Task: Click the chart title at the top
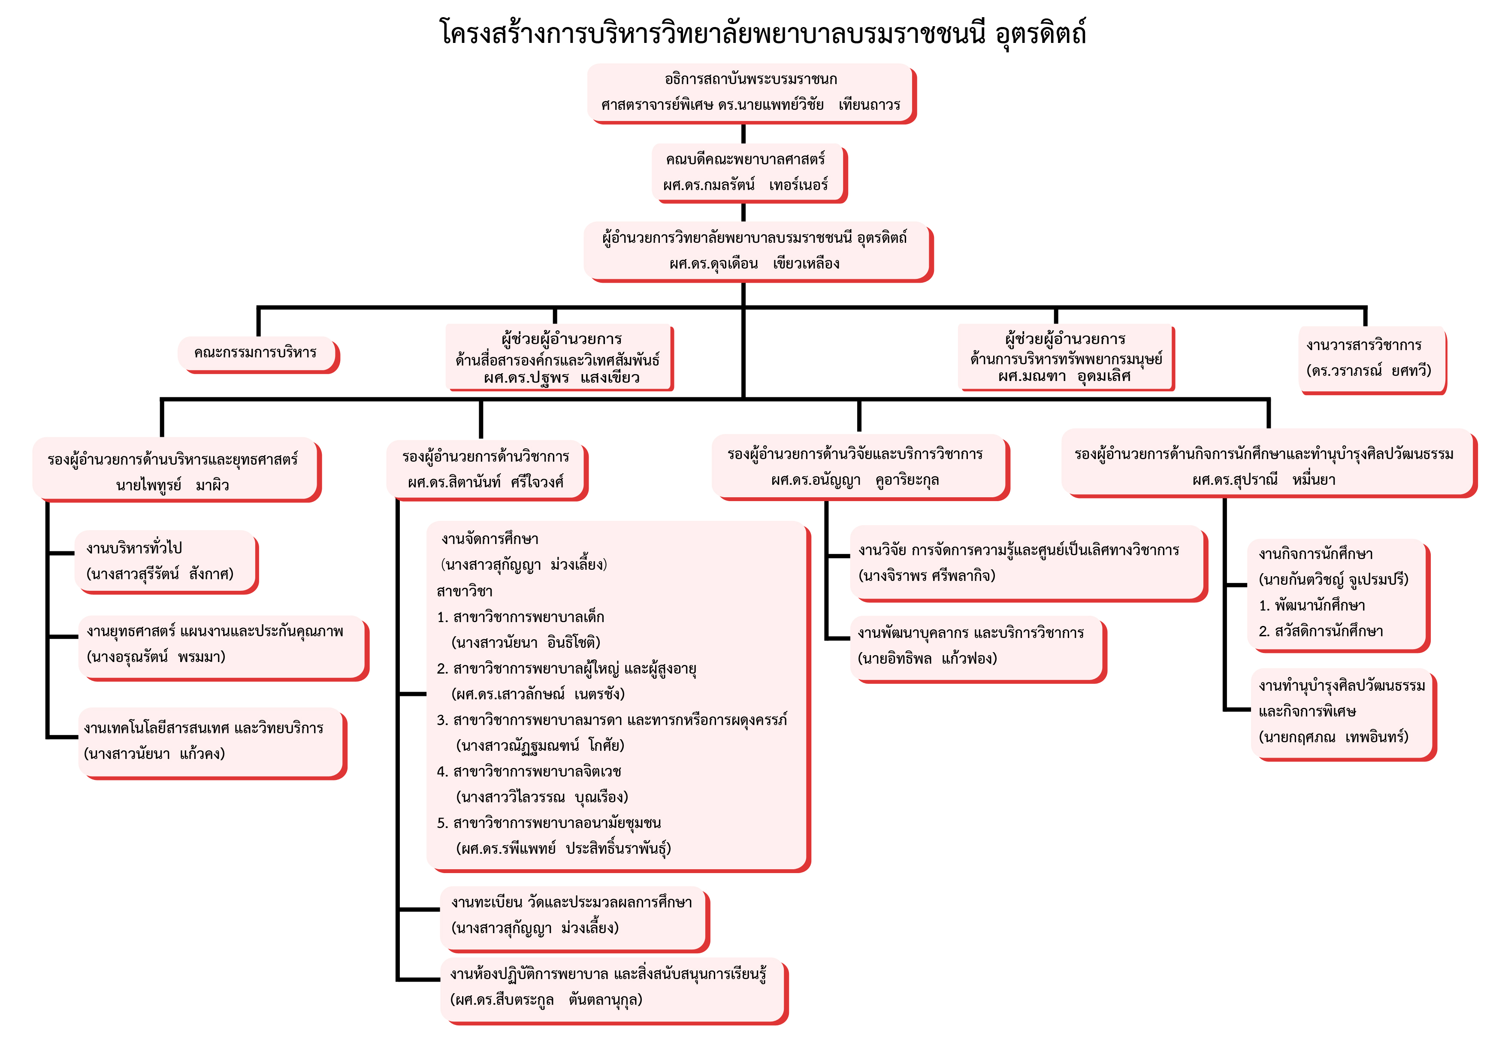[762, 33]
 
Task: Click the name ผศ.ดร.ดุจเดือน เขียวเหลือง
[754, 263]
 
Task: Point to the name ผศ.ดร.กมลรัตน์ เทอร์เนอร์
[745, 185]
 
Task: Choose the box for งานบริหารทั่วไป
[166, 560]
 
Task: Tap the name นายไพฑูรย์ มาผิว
[172, 485]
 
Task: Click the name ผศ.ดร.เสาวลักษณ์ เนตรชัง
[538, 694]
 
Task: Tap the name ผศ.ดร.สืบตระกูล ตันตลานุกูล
[546, 1000]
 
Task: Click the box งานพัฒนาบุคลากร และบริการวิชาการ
[977, 646]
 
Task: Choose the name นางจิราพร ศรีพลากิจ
[927, 576]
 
